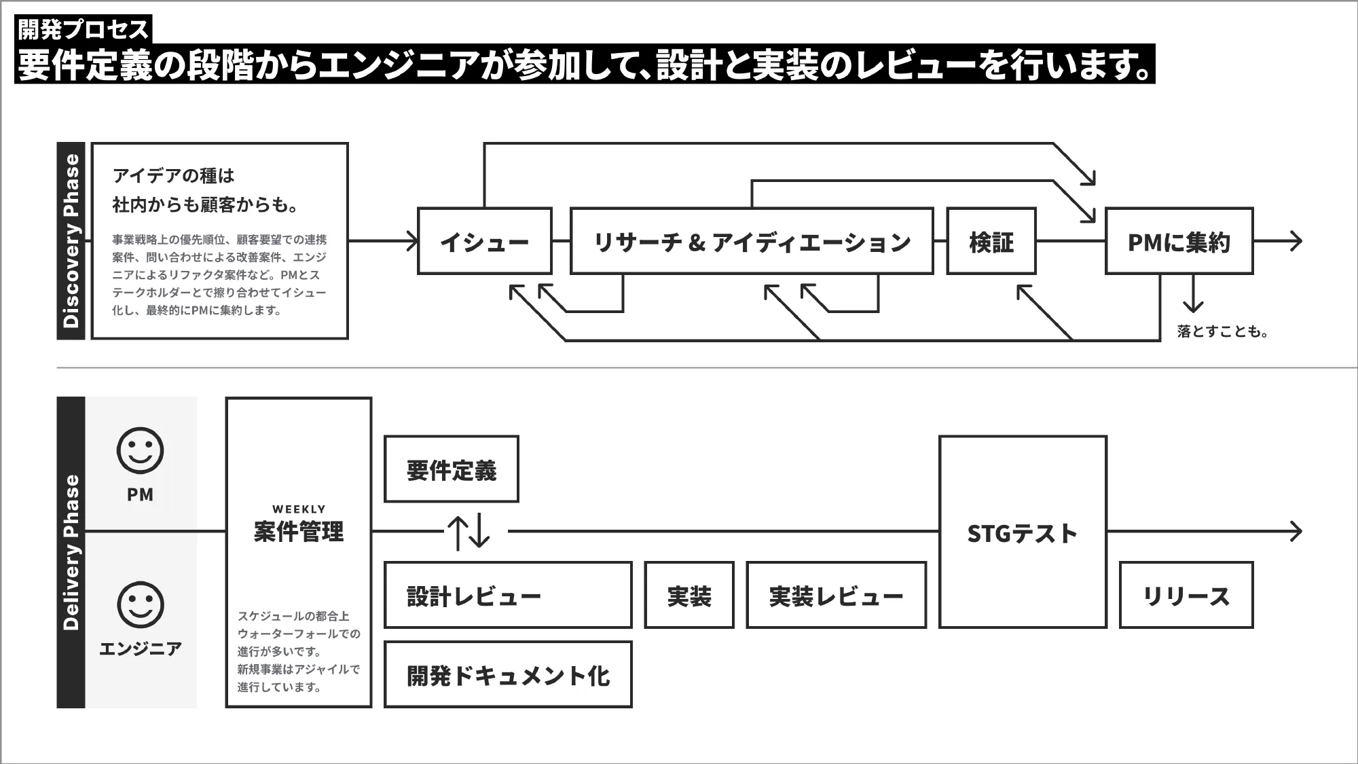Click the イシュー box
pos(484,241)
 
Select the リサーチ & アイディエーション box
pos(752,241)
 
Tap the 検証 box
pos(991,241)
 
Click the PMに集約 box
pos(1179,241)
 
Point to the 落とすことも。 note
pos(1222,331)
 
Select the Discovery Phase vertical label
pos(71,240)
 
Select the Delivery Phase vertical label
pos(71,551)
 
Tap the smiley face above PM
pos(140,450)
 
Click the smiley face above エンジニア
pos(140,604)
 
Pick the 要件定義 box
pos(451,469)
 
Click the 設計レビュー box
pos(507,595)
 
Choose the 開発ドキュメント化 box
pos(507,674)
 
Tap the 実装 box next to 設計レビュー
pos(689,595)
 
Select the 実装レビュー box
pos(836,595)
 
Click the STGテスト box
pos(1023,532)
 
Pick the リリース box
pos(1186,595)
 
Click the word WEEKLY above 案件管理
pos(299,509)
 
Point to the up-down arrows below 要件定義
pos(469,532)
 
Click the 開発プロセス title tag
pos(83,29)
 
